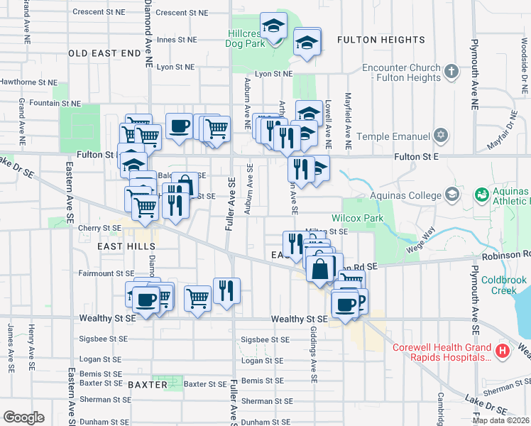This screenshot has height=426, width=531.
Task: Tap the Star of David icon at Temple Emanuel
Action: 441,136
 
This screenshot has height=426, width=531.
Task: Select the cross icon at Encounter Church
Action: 451,71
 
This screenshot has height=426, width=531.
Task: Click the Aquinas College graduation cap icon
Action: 451,195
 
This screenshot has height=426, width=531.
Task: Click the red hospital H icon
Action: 503,350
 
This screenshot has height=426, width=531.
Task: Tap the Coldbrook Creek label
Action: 504,285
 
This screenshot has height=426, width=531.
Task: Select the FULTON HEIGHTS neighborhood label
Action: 381,40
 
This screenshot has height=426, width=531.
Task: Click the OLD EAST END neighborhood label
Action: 105,53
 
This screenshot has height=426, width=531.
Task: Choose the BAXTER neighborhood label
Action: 148,385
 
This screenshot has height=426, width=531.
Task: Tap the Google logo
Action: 23,417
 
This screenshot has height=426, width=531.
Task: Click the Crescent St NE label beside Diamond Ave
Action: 182,13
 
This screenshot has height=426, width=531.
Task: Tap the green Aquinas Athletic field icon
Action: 482,193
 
